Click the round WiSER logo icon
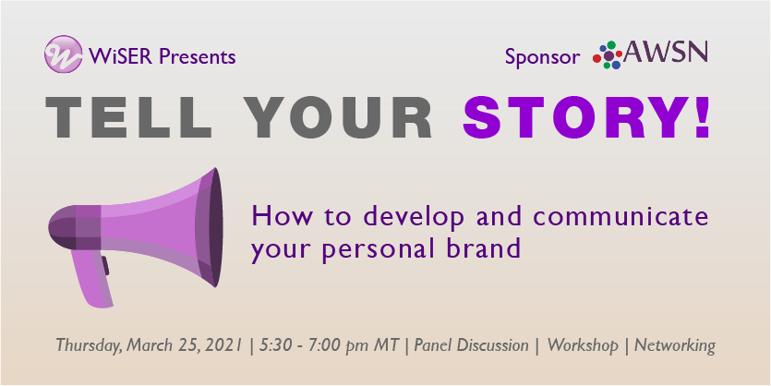63,54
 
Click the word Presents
198,56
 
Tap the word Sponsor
542,57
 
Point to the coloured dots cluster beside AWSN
608,55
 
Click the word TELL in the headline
129,117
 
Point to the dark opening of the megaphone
215,227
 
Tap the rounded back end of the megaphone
63,227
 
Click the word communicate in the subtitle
620,216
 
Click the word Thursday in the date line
89,345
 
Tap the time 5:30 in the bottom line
271,345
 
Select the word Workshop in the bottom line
583,345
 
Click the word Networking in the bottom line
675,345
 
